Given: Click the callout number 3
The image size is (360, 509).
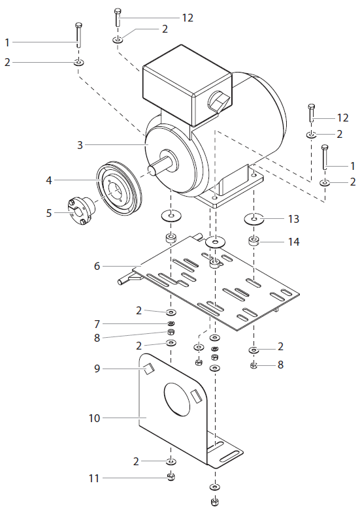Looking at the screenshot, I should (80, 145).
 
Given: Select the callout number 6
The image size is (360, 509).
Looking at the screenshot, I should (97, 266).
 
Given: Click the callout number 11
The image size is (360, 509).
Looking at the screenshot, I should (94, 478).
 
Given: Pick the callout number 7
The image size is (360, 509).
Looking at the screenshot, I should (97, 324).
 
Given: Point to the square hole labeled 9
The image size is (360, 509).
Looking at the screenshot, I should (148, 369).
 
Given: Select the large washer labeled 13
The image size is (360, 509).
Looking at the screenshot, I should (255, 218).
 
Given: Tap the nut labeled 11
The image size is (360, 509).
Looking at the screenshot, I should (171, 476).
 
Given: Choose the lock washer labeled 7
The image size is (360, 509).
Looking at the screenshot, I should (171, 323).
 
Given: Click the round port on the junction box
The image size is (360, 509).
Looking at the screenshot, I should (217, 102).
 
